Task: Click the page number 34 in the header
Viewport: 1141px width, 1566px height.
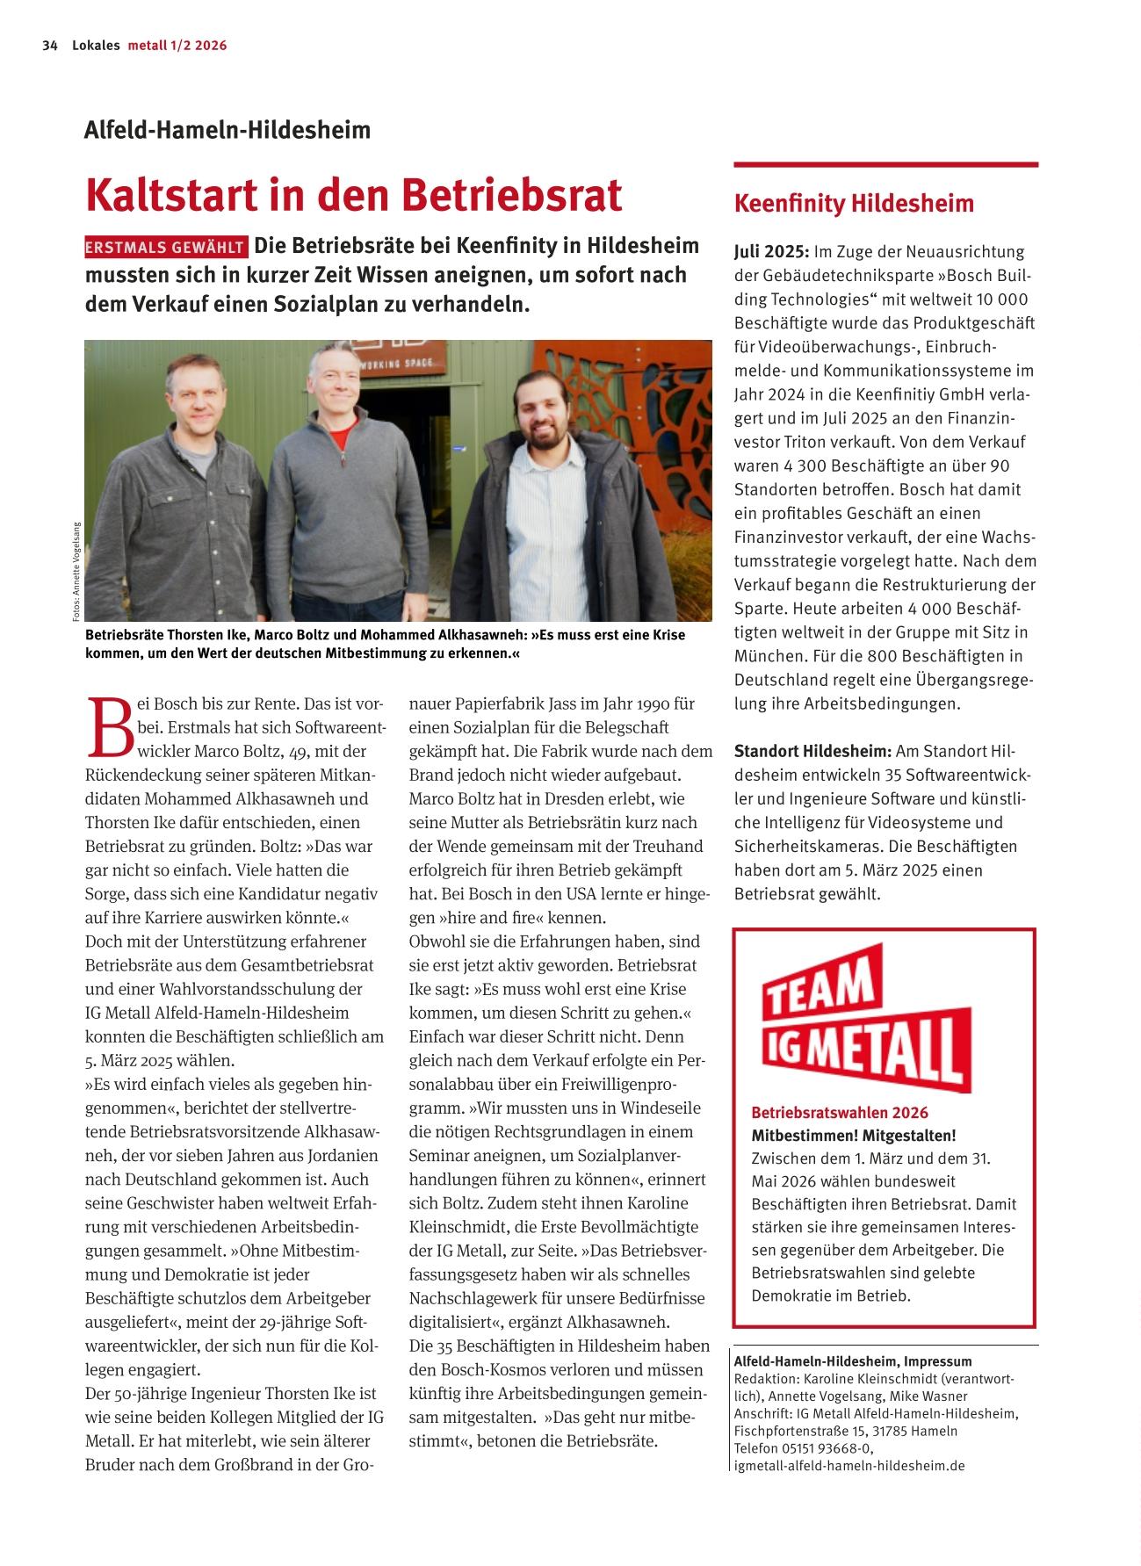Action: (49, 46)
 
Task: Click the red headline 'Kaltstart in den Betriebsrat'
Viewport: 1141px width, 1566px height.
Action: (353, 195)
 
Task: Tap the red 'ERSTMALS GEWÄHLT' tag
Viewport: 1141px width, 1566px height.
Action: (166, 248)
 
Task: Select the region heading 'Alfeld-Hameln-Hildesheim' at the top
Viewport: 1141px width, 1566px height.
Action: (227, 131)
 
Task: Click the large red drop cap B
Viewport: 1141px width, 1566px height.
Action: (110, 727)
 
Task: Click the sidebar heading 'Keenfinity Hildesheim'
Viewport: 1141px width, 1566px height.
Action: (854, 204)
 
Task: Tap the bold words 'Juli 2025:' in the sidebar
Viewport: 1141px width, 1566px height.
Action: (771, 252)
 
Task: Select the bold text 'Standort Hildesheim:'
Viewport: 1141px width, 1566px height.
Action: (812, 752)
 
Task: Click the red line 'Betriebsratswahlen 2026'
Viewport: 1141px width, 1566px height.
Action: (840, 1113)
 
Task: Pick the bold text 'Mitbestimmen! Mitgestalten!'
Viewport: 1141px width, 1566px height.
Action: (854, 1136)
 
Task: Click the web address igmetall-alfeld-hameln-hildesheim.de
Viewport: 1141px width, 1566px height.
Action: (849, 1466)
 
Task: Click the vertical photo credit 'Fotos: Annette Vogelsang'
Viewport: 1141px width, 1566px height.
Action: (76, 572)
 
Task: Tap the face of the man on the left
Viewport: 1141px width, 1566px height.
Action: (201, 392)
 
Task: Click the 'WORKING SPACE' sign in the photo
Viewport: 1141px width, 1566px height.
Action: (409, 364)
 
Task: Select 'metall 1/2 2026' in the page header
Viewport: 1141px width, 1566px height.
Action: (177, 46)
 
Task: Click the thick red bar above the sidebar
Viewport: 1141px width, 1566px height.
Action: (885, 164)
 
